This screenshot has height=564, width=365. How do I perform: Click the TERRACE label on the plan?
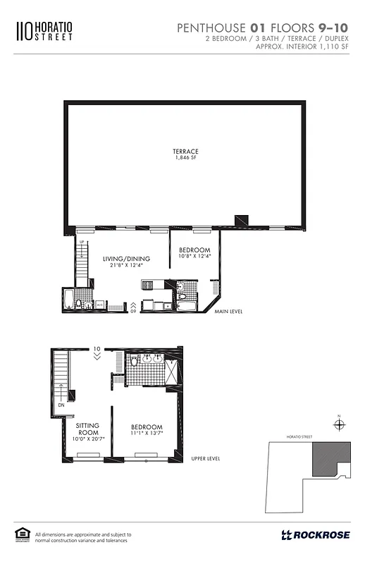pyautogui.click(x=185, y=152)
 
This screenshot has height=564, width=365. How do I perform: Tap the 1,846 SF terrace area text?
pyautogui.click(x=185, y=159)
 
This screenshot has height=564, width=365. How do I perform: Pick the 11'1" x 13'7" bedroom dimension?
pyautogui.click(x=147, y=434)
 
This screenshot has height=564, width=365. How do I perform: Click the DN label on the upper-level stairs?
pyautogui.click(x=62, y=405)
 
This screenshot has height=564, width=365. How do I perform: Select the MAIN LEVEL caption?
pyautogui.click(x=228, y=311)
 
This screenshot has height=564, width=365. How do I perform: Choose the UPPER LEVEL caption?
pyautogui.click(x=205, y=458)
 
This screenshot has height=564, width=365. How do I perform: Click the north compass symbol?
pyautogui.click(x=340, y=424)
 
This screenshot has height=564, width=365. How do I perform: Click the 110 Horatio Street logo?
pyautogui.click(x=44, y=31)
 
